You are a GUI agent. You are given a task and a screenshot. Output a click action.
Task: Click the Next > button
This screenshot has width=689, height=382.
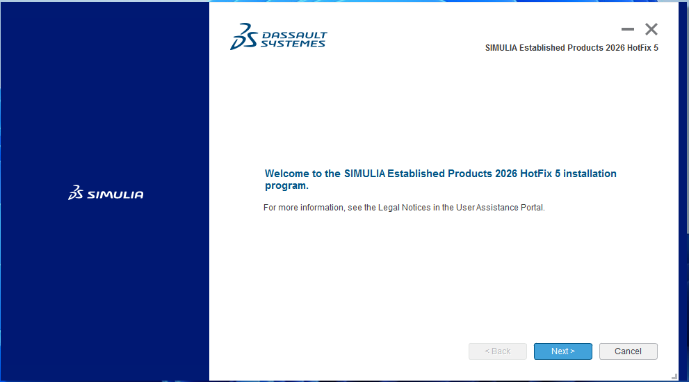click(x=563, y=351)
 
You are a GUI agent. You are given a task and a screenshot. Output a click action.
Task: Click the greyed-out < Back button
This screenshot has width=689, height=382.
click(x=497, y=351)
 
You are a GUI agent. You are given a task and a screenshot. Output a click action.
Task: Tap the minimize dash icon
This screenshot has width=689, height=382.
click(x=628, y=29)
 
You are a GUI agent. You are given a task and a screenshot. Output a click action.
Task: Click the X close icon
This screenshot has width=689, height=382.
click(x=651, y=29)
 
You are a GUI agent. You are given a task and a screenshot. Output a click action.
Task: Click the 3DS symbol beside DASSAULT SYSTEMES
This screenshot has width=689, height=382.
click(x=244, y=36)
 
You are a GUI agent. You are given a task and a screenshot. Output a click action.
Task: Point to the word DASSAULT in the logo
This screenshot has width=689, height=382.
click(x=294, y=35)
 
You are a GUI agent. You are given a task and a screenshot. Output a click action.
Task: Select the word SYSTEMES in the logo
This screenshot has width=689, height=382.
click(x=293, y=44)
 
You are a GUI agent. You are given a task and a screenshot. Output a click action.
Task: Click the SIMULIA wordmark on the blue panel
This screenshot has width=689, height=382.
click(x=115, y=194)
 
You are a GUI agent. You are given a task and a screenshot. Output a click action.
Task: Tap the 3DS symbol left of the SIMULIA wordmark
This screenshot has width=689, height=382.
click(x=76, y=192)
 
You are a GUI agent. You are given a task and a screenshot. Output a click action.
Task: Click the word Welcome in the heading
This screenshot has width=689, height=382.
click(x=287, y=174)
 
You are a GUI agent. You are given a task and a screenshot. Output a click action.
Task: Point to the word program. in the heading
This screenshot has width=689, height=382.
click(x=286, y=185)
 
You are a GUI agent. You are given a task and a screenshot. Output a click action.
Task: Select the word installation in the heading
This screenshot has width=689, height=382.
click(x=590, y=174)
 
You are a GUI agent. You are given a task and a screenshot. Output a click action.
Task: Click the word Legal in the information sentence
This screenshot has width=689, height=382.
click(x=389, y=207)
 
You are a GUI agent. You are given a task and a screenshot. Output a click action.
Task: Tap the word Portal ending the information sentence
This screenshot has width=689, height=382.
click(x=533, y=207)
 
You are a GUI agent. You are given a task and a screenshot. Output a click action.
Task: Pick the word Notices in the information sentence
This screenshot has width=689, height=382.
click(x=416, y=207)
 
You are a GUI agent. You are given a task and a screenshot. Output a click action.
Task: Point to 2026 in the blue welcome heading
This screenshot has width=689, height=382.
click(x=506, y=174)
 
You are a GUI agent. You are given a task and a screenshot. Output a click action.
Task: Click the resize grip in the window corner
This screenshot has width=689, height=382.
click(x=674, y=376)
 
